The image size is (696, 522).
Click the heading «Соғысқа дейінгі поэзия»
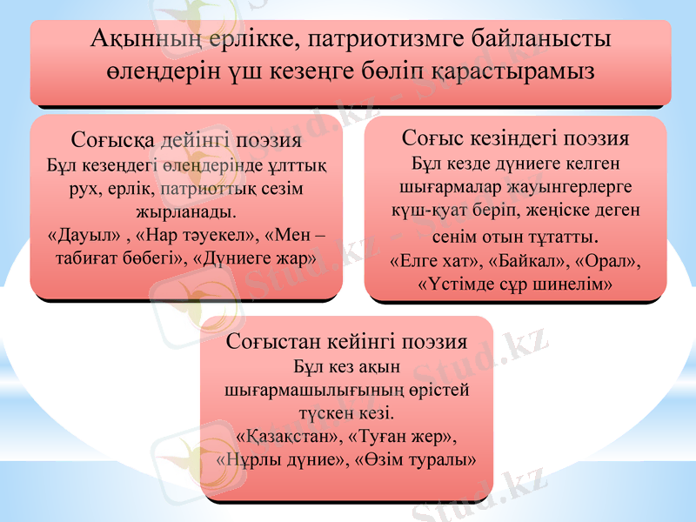(x=187, y=140)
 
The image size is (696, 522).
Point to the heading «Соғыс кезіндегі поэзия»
(x=516, y=138)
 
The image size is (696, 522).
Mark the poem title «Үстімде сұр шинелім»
(x=515, y=284)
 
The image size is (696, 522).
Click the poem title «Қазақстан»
(x=284, y=434)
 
